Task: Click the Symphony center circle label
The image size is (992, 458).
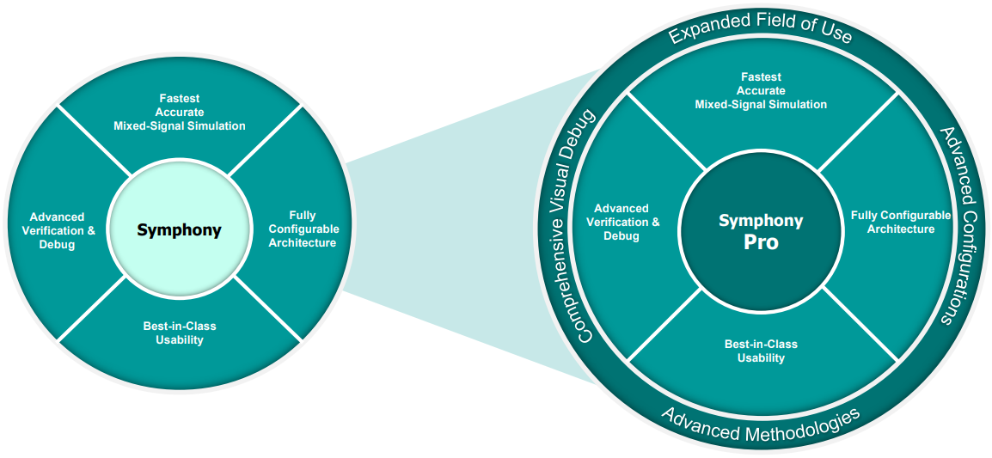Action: pyautogui.click(x=179, y=230)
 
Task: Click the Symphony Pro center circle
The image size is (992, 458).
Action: pyautogui.click(x=761, y=231)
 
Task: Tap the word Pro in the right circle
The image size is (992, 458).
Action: pyautogui.click(x=761, y=242)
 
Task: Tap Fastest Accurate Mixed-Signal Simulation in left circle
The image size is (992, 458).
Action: pyautogui.click(x=179, y=112)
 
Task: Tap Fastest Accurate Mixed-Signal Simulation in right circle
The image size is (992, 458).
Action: pyautogui.click(x=761, y=90)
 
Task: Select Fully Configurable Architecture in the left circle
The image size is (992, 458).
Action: pyautogui.click(x=303, y=229)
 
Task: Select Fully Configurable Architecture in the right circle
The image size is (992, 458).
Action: pyautogui.click(x=900, y=222)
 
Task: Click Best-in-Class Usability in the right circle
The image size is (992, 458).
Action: pyautogui.click(x=761, y=351)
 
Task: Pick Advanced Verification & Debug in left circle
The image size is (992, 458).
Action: pyautogui.click(x=57, y=230)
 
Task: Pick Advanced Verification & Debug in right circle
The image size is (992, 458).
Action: pyautogui.click(x=622, y=222)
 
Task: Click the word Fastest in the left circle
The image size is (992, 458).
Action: pyautogui.click(x=179, y=98)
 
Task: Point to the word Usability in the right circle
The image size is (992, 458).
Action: pyautogui.click(x=761, y=357)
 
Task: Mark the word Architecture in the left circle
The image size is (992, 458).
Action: pyautogui.click(x=303, y=242)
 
